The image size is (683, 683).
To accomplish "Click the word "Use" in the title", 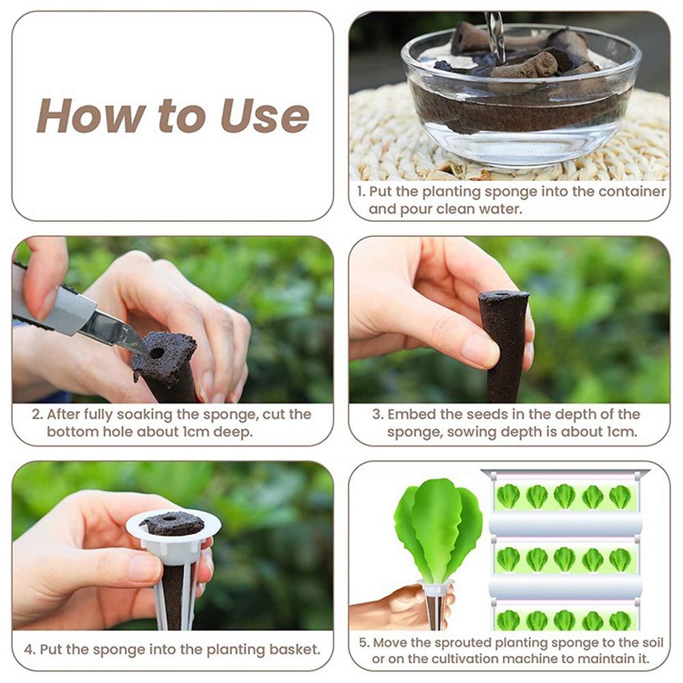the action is (265, 116).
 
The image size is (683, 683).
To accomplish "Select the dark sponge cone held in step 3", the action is (505, 345).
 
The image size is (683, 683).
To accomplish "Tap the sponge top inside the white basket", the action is (172, 524).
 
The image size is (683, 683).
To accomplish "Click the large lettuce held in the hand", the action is (437, 531).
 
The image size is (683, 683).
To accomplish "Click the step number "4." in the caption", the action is (30, 650).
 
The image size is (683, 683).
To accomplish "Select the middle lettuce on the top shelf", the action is (565, 497).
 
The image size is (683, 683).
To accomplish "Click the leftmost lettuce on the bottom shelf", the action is (508, 620).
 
